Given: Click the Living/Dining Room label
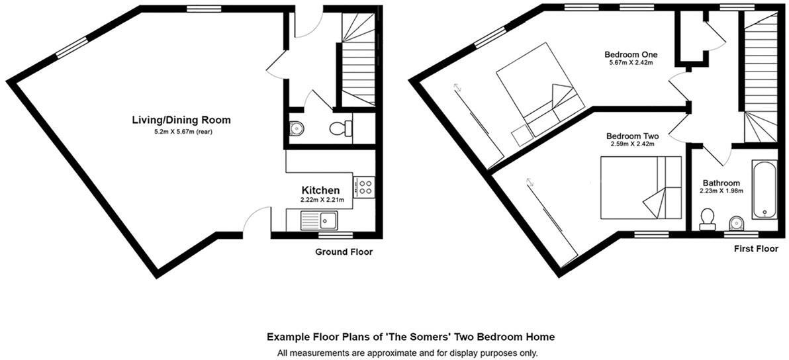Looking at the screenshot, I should pos(181,120).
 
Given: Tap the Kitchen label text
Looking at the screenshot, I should pos(320,190).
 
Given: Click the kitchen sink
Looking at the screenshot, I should pos(319,220).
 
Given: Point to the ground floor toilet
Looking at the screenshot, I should pos(342,128).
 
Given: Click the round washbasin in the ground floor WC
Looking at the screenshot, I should pos(296,129).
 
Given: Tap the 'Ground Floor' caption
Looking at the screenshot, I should pos(344,252).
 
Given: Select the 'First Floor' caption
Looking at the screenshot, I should pos(756,249).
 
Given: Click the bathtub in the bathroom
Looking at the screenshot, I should pos(765,189).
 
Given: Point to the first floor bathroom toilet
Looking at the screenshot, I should pos(708,219).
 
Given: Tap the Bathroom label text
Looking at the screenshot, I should pos(721,183).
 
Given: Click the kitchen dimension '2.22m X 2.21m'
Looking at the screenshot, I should pos(320,199).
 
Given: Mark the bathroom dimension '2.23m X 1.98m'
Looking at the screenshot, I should pos(721,191).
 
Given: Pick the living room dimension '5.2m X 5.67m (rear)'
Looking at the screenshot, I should pos(181,131).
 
